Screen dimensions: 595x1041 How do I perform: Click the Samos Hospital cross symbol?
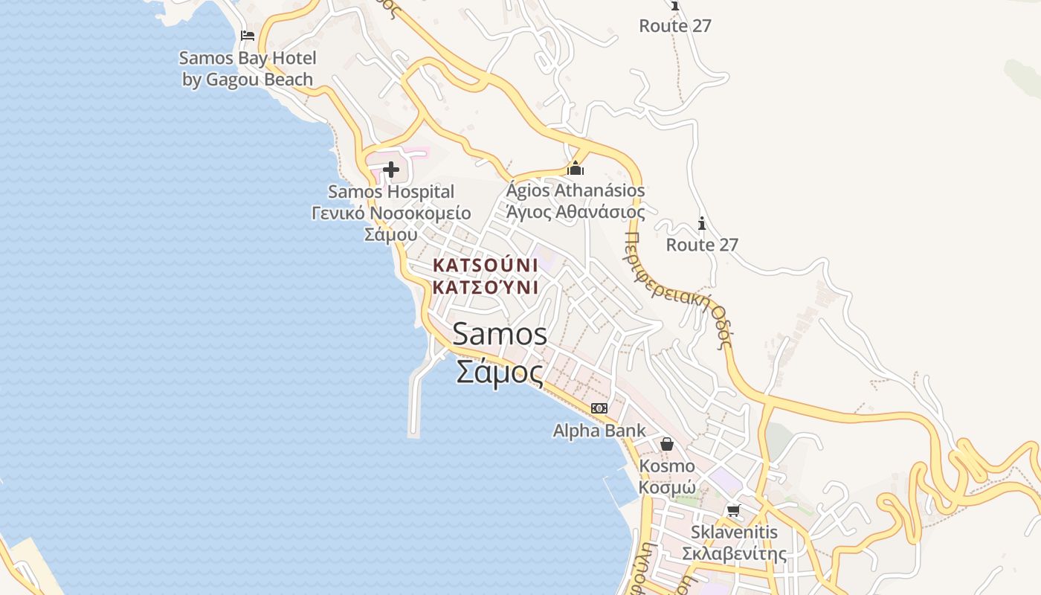(x=391, y=170)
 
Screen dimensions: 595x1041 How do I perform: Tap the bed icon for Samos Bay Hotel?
(x=248, y=35)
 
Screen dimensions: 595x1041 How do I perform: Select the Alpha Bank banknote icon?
(x=599, y=408)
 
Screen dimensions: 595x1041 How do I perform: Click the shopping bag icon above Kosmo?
(x=667, y=444)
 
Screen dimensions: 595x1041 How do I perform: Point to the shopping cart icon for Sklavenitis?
(x=734, y=510)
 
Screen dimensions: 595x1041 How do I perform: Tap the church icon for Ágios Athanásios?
(x=576, y=169)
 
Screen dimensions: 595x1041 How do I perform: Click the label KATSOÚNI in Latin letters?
(x=485, y=266)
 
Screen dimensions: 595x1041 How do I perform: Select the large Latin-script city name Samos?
(x=500, y=334)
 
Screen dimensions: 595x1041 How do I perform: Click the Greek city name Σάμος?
(x=500, y=371)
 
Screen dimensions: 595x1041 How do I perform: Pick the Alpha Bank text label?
(x=599, y=431)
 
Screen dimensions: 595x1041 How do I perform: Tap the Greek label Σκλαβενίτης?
(x=734, y=554)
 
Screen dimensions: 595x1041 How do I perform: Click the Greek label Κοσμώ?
(x=667, y=488)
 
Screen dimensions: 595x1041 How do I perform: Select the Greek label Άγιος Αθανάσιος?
(x=576, y=211)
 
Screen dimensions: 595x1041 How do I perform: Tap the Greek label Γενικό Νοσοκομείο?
(x=391, y=213)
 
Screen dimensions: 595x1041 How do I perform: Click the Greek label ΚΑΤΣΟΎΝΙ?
(x=485, y=287)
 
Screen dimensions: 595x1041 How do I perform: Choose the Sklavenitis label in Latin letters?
(x=734, y=533)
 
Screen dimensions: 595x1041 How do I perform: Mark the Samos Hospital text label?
(x=391, y=192)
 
